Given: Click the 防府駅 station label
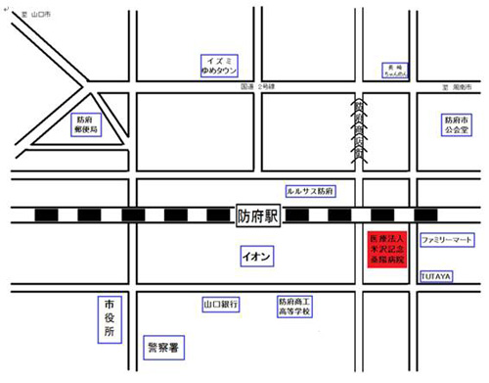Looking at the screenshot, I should [258, 215].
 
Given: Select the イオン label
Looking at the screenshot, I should [258, 256].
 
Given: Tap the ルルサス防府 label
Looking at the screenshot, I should [310, 191].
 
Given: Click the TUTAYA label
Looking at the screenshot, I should [435, 277].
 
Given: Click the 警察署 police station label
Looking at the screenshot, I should [167, 346].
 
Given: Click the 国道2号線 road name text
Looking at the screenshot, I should [257, 85].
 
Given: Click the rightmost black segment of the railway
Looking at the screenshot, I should [424, 215].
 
